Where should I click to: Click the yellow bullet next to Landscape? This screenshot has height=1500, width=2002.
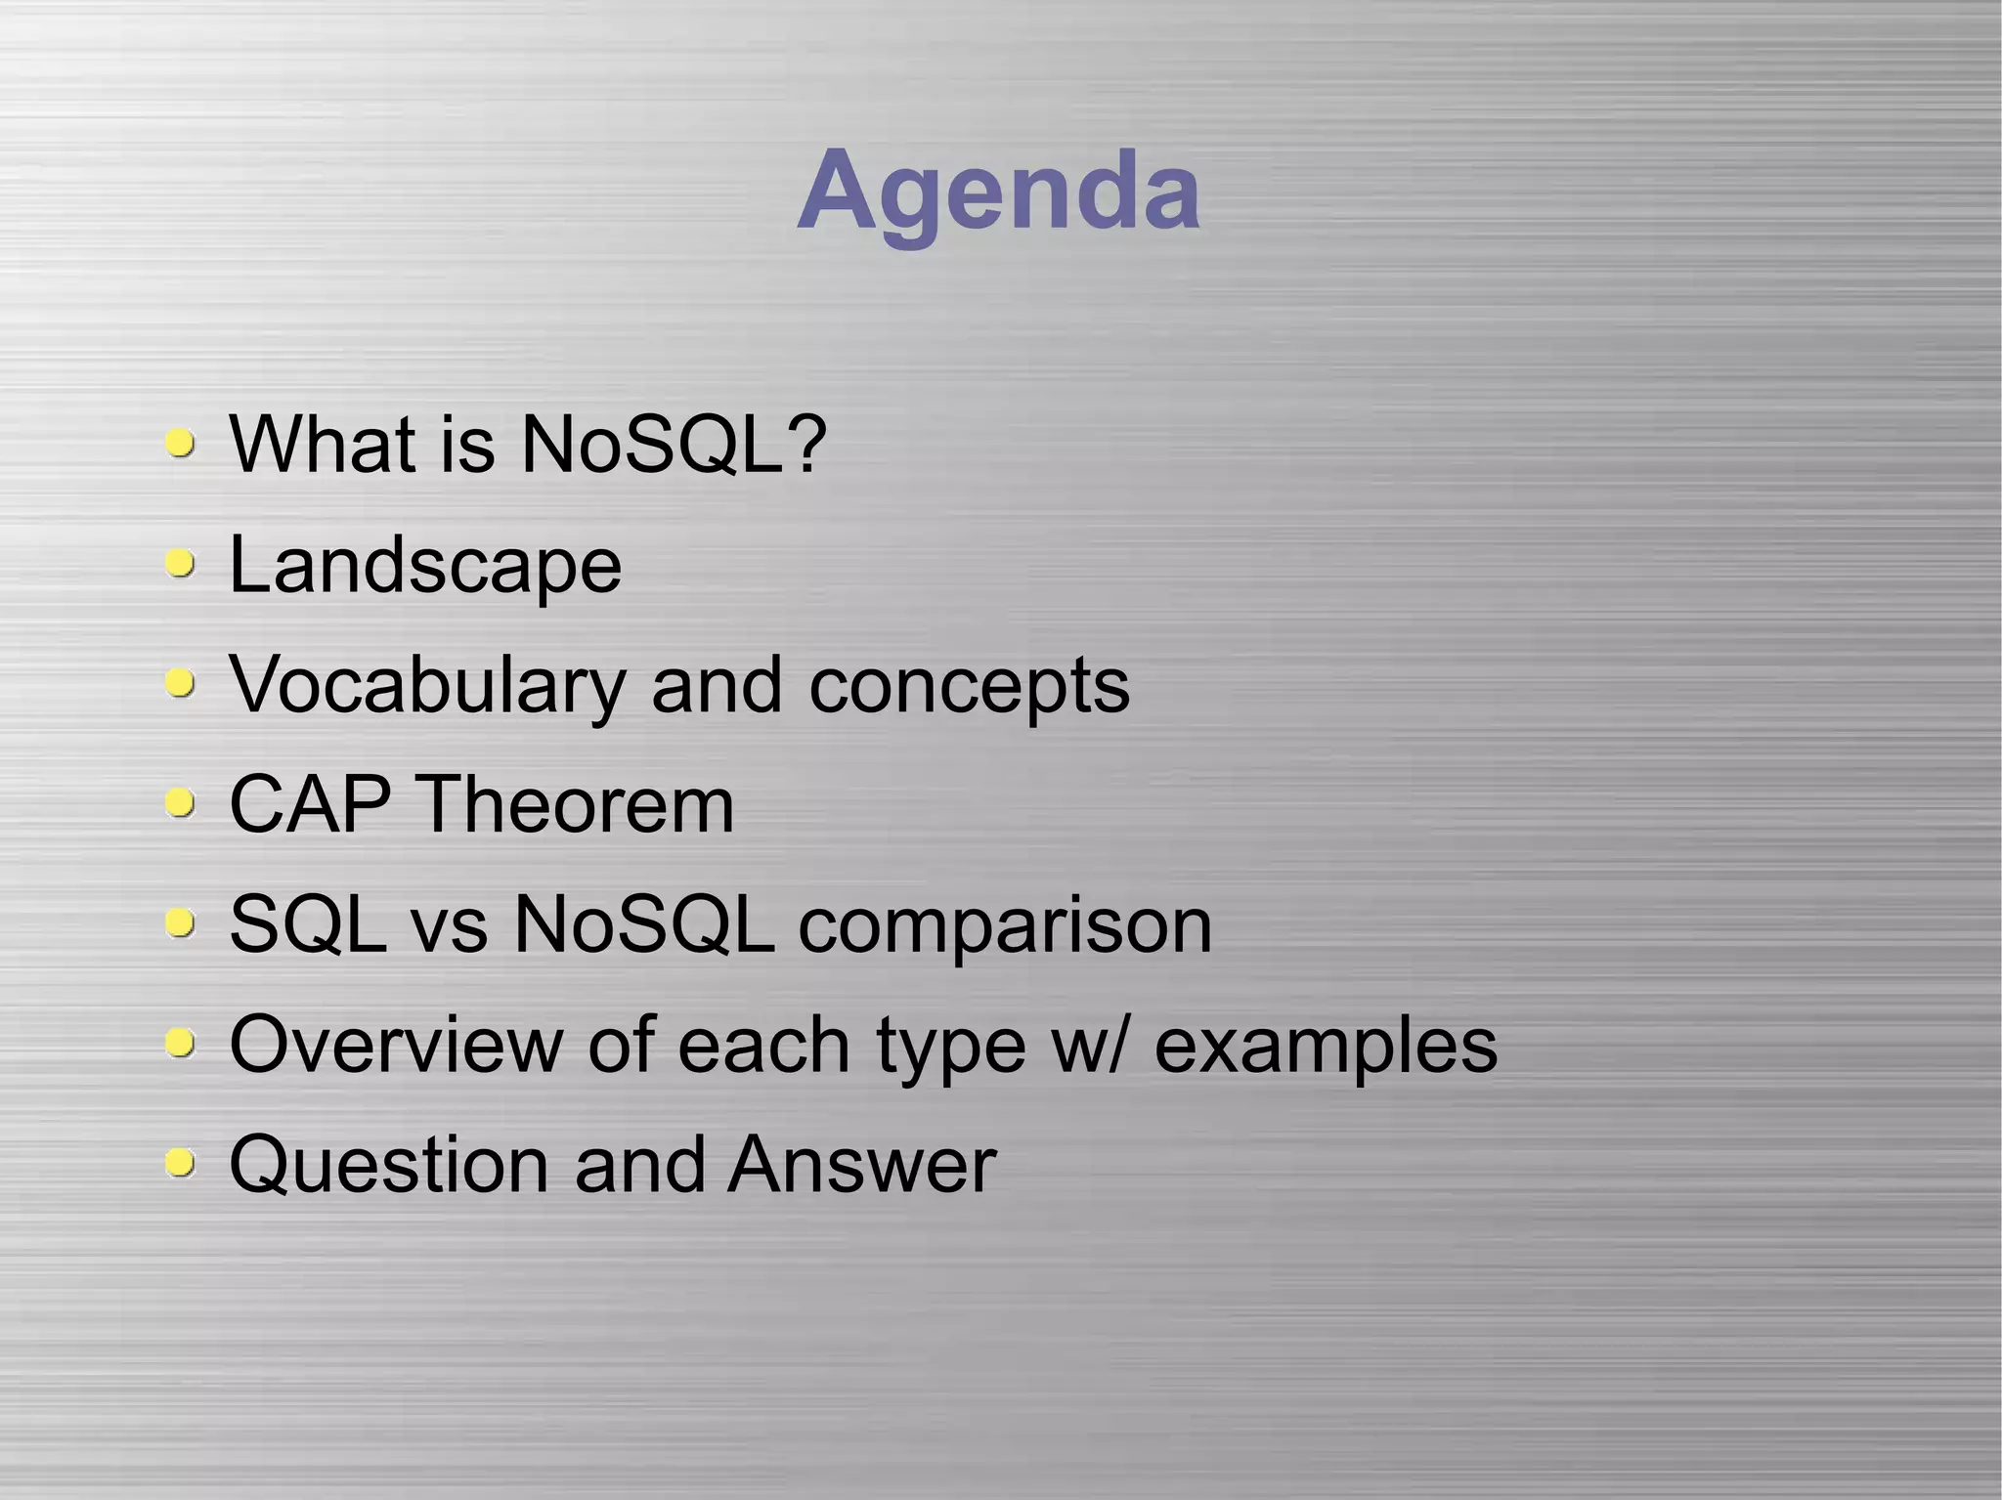[x=180, y=564]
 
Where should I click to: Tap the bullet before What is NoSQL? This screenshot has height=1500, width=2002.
[x=180, y=444]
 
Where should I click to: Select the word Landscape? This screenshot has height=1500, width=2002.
[x=425, y=565]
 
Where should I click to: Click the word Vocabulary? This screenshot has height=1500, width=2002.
[x=427, y=686]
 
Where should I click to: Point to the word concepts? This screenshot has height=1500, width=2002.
[x=969, y=686]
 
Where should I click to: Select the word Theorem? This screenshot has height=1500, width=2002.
[x=576, y=805]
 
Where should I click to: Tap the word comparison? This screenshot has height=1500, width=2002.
[x=1005, y=925]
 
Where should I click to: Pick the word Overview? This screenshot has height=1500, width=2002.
[x=396, y=1045]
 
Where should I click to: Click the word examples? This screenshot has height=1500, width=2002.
[x=1326, y=1045]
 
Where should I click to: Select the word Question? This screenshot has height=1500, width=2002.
[x=389, y=1165]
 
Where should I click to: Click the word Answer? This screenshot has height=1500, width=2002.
[x=861, y=1165]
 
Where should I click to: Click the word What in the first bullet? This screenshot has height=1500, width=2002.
[x=322, y=445]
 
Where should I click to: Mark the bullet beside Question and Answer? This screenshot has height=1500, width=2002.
[x=180, y=1163]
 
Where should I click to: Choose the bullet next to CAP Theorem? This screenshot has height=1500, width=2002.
[x=180, y=804]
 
